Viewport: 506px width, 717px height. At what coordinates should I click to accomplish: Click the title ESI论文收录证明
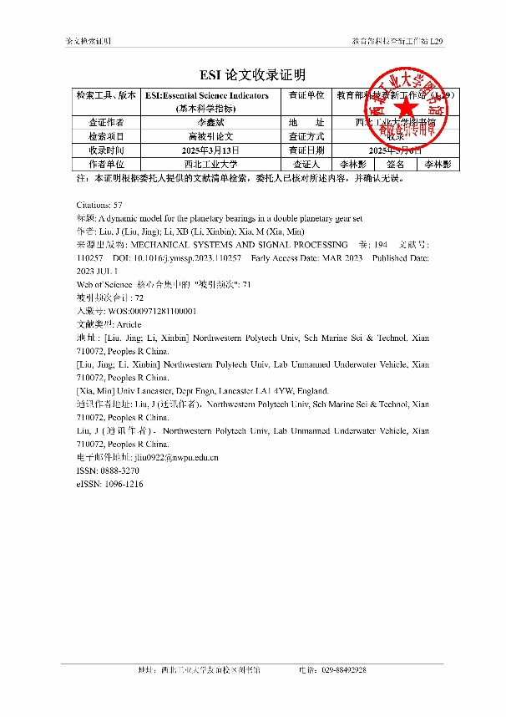[x=252, y=74]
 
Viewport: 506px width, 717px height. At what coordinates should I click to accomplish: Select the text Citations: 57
[x=99, y=204]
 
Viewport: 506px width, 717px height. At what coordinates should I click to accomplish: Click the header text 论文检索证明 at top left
[x=89, y=41]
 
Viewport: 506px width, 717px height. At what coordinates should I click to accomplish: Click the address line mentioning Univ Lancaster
[x=202, y=391]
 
